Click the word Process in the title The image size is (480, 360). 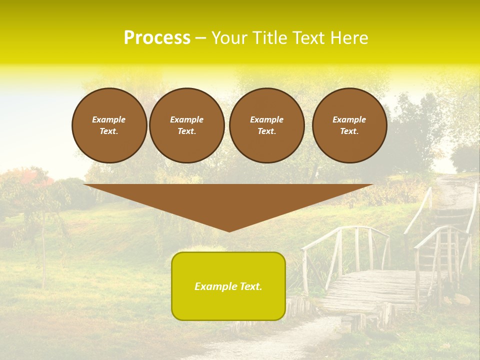pos(157,38)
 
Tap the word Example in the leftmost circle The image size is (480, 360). pos(109,119)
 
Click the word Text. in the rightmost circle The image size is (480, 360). pos(349,131)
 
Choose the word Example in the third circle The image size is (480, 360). pos(266,119)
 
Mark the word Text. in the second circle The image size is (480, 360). pos(186,131)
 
